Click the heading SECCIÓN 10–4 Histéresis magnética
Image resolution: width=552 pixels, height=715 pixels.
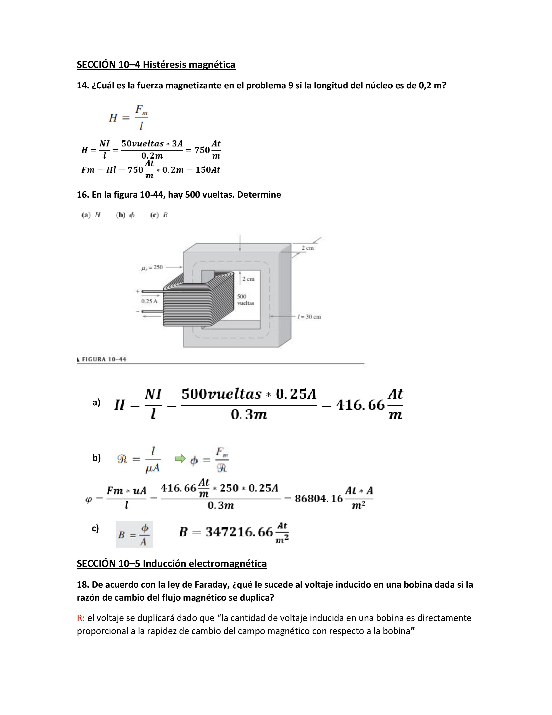(x=156, y=65)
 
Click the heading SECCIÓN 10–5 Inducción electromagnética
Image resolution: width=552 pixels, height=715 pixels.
(x=172, y=563)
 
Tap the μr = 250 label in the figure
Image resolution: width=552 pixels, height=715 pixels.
(x=152, y=267)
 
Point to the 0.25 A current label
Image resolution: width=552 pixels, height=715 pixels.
(x=149, y=301)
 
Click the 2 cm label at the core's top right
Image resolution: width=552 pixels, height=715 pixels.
(x=307, y=248)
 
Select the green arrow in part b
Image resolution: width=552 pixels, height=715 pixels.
(x=180, y=459)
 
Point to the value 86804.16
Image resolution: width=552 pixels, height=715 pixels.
(x=318, y=498)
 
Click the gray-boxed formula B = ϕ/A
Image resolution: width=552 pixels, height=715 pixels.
(x=134, y=535)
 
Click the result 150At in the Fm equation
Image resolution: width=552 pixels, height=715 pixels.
(x=208, y=170)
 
